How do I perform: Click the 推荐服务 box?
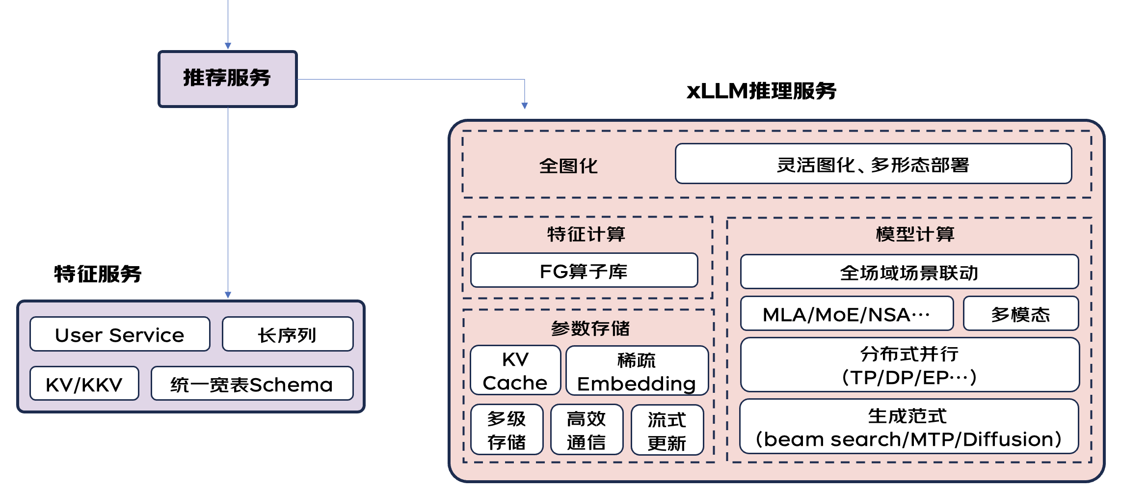(227, 79)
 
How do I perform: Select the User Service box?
(120, 334)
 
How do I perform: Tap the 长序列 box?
(287, 334)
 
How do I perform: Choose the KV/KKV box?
(84, 384)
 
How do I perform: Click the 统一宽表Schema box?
(252, 384)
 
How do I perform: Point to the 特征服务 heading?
(98, 274)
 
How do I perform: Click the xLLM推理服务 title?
(761, 91)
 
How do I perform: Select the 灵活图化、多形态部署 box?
(873, 164)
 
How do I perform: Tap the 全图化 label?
(568, 166)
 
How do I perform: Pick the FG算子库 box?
(584, 271)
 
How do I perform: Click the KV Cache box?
(515, 371)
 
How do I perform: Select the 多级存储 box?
(507, 430)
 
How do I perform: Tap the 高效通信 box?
(587, 430)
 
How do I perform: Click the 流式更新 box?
(667, 430)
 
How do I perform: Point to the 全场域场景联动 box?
(909, 272)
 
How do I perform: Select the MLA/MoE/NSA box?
(847, 314)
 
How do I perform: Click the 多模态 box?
(1020, 314)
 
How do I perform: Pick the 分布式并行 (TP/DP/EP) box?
(909, 365)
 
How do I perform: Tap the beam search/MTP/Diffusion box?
(909, 427)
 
